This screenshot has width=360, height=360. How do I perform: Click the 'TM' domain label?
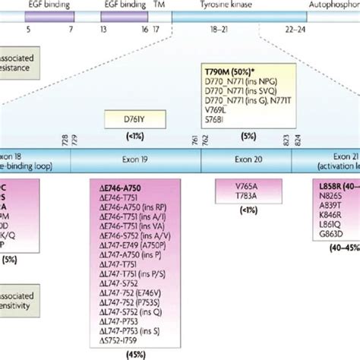click(157, 4)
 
